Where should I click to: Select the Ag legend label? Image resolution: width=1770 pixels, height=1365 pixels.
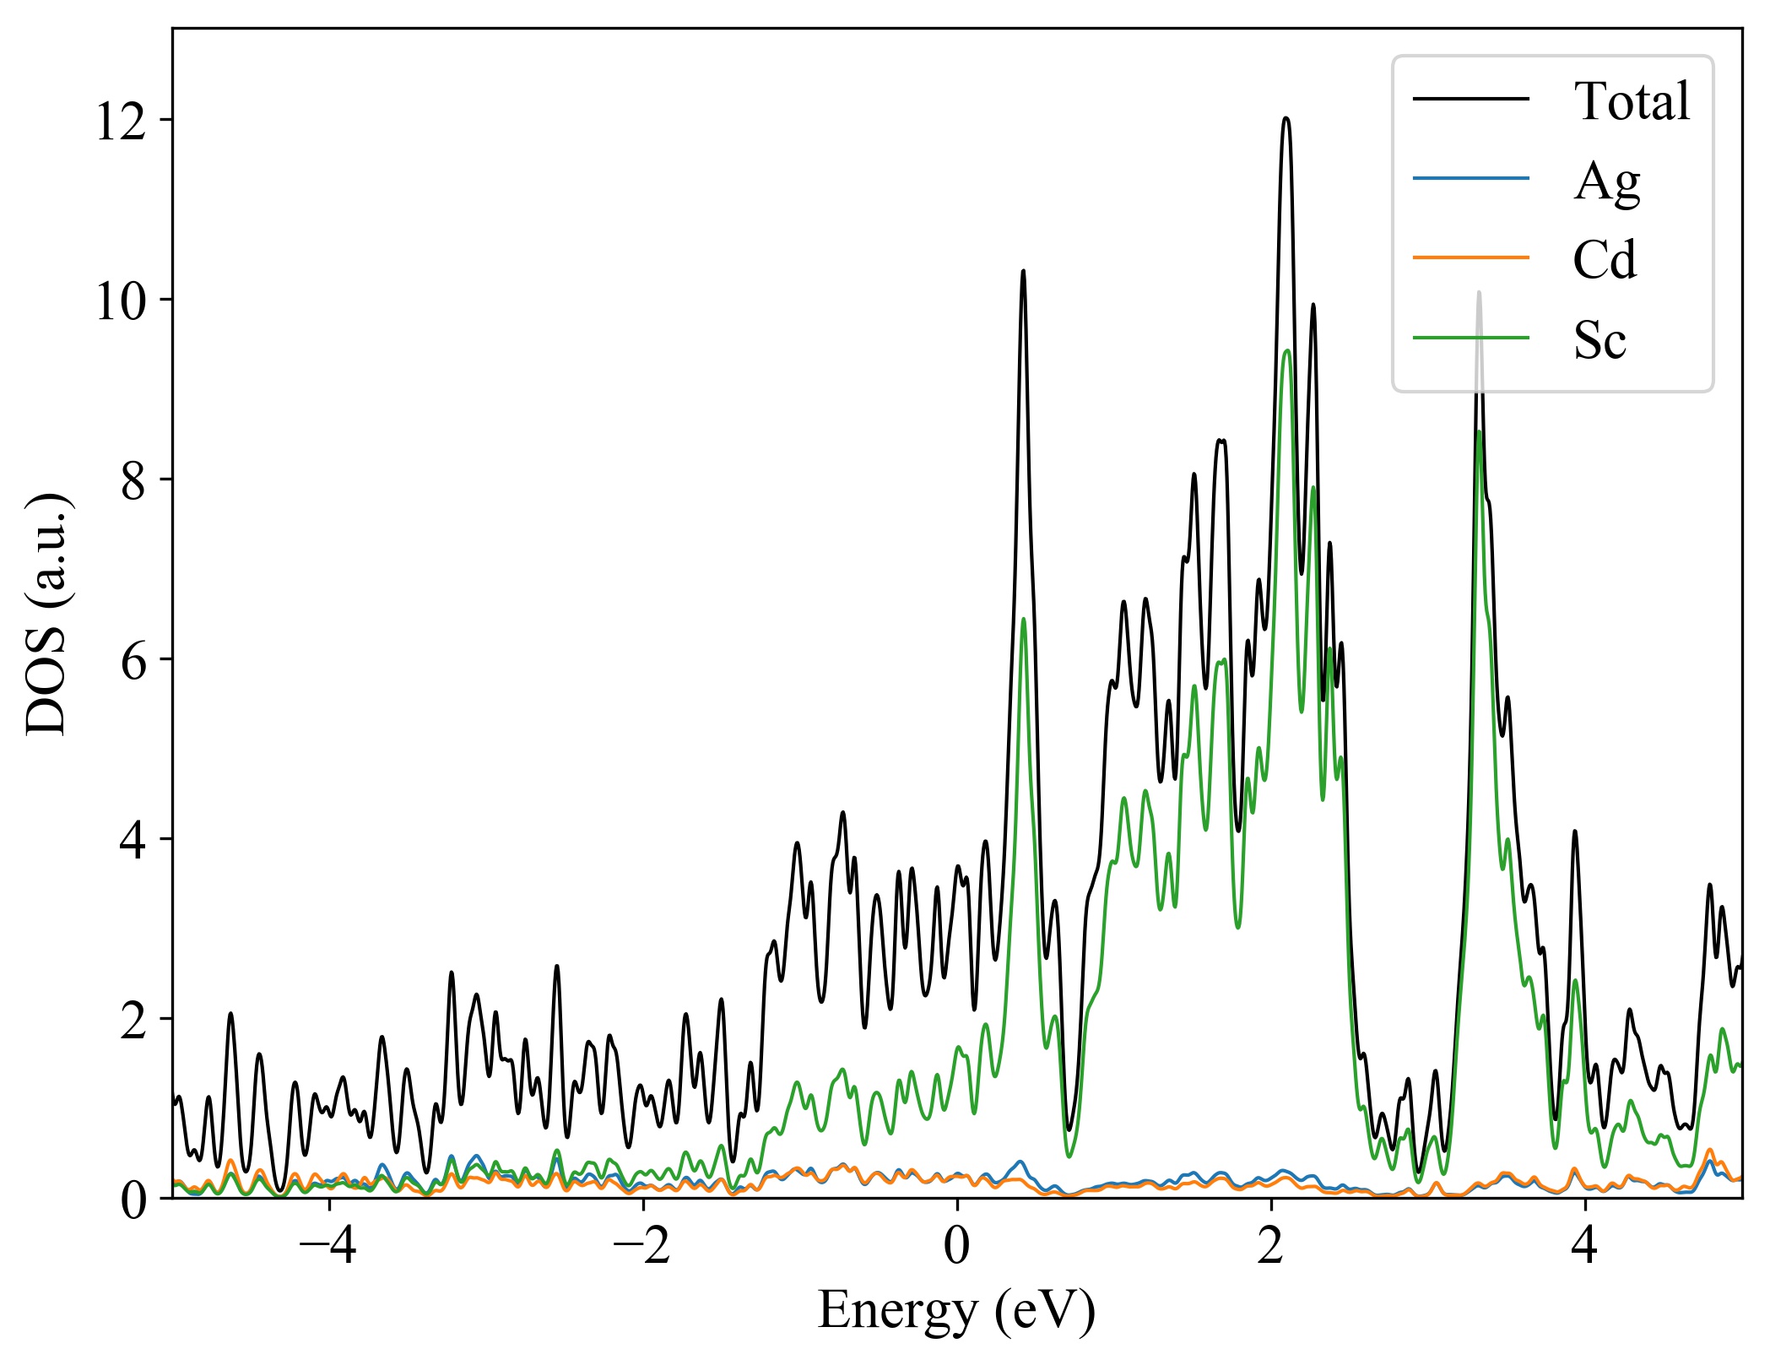coord(1606,181)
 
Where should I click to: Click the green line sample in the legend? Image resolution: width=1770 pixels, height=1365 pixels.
coord(1471,339)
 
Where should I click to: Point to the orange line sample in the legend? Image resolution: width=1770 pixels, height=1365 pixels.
coord(1471,257)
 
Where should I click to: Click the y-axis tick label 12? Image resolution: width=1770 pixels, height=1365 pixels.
coord(122,121)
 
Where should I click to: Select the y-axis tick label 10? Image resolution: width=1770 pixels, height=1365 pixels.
coord(122,301)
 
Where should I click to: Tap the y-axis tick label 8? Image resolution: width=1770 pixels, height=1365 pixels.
coord(133,480)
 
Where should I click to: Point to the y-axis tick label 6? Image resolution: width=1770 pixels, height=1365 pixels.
coord(133,660)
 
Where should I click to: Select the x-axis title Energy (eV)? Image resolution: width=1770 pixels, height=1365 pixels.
coord(956,1311)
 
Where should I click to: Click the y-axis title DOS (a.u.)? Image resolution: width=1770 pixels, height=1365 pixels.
coord(47,613)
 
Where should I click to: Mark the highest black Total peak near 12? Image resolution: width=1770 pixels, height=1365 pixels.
coord(1286,119)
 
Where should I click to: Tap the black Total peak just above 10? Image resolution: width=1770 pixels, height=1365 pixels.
coord(1023,272)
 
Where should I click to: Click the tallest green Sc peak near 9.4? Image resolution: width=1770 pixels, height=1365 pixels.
coord(1286,351)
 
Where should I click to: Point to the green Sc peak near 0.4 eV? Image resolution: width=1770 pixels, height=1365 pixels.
coord(1023,620)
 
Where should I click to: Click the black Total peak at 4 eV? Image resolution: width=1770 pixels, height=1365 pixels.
coord(1575,832)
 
